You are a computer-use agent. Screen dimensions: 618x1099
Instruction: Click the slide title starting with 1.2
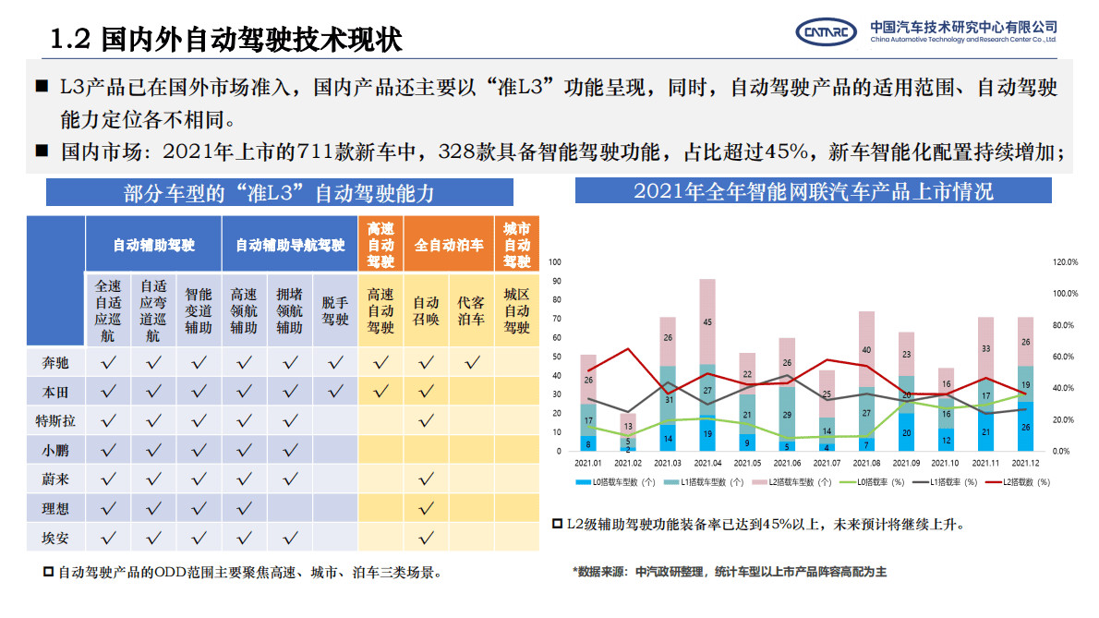click(x=226, y=39)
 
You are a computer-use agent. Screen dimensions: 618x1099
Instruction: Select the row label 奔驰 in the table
click(x=56, y=363)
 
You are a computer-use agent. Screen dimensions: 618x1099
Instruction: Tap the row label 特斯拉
click(x=56, y=421)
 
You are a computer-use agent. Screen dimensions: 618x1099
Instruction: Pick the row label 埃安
click(x=56, y=537)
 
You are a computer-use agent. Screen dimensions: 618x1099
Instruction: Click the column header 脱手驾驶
click(x=335, y=310)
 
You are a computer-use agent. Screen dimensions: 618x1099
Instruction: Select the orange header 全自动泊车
click(x=449, y=245)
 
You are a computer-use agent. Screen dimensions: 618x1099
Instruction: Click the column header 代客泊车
click(x=471, y=310)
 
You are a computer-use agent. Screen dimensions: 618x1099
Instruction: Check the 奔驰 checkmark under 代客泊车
click(x=471, y=363)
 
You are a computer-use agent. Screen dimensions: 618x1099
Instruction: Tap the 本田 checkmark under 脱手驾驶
click(x=335, y=392)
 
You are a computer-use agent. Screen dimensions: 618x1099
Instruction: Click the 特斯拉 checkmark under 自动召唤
click(x=426, y=421)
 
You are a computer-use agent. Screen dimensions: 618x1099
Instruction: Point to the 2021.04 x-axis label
click(x=706, y=463)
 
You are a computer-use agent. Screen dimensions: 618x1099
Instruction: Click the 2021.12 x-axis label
click(x=1026, y=463)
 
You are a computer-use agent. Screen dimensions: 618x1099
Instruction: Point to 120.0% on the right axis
click(x=1066, y=262)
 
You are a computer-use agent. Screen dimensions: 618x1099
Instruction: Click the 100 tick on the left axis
click(x=556, y=262)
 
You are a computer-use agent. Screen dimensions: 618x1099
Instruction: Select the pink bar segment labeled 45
click(x=707, y=321)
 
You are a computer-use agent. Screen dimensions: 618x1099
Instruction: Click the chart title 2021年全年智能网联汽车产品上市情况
click(x=813, y=191)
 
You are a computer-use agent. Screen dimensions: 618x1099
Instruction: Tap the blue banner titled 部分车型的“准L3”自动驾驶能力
click(x=279, y=193)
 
